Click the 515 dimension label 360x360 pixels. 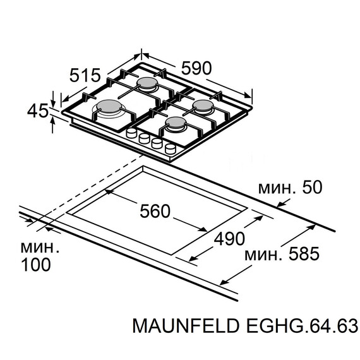tap(86, 75)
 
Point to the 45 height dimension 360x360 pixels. tap(38, 112)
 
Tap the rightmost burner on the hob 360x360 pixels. tap(204, 105)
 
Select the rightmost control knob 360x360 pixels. tap(171, 149)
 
